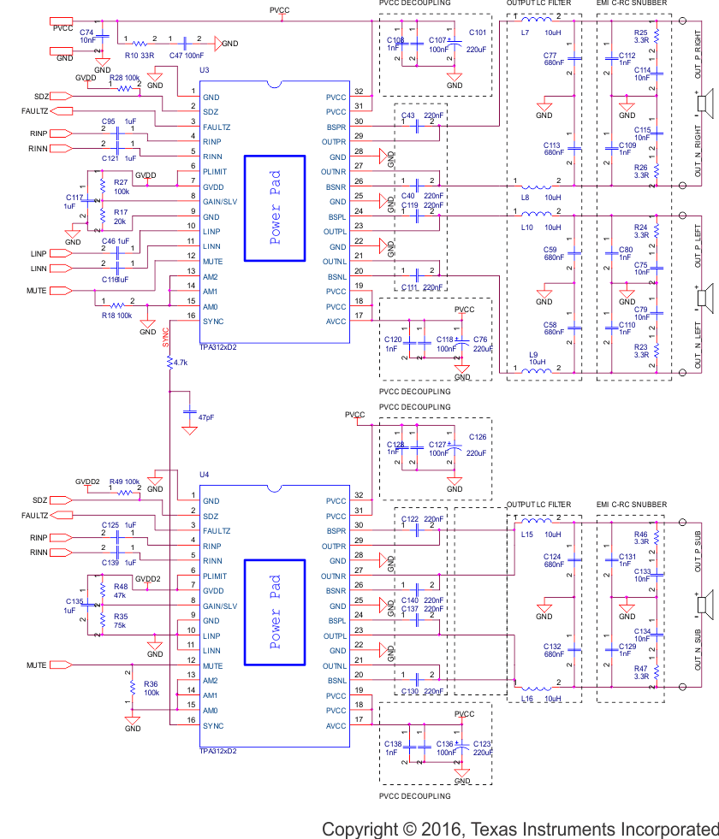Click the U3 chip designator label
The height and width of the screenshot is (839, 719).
pyautogui.click(x=204, y=68)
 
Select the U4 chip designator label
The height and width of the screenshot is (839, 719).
pyautogui.click(x=204, y=473)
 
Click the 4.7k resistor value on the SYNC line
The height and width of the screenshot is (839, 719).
pyautogui.click(x=180, y=363)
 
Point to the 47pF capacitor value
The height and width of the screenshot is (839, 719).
pyautogui.click(x=206, y=417)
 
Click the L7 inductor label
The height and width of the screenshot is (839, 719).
pyautogui.click(x=525, y=32)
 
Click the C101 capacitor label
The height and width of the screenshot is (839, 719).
pyautogui.click(x=477, y=32)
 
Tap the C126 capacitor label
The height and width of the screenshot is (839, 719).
pyautogui.click(x=477, y=437)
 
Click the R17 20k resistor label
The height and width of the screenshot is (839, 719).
pyautogui.click(x=121, y=216)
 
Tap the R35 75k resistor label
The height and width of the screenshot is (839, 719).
pyautogui.click(x=121, y=620)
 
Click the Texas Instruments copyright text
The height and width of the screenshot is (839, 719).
pyautogui.click(x=520, y=829)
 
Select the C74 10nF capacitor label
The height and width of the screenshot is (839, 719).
pyautogui.click(x=87, y=35)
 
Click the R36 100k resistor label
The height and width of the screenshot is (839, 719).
pyautogui.click(x=152, y=688)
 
